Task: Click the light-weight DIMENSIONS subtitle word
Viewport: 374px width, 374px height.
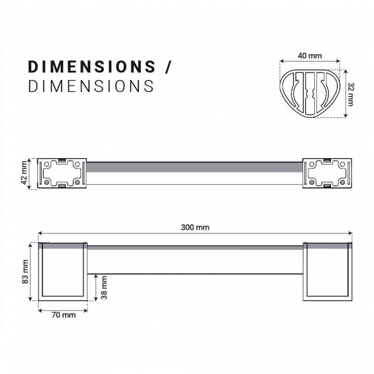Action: coord(91,86)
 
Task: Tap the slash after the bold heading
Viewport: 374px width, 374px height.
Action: coord(168,66)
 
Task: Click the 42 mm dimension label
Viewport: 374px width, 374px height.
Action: coord(25,173)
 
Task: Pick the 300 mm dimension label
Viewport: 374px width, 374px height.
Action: coord(195,227)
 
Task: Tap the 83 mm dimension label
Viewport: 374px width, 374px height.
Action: coord(25,272)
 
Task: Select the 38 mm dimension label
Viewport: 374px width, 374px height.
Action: coord(104,286)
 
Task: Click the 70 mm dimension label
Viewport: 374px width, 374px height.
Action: coord(63,316)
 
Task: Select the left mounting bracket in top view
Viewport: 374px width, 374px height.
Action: coord(62,173)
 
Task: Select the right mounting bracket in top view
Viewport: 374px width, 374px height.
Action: coord(327,173)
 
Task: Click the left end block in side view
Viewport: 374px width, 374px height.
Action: coord(62,272)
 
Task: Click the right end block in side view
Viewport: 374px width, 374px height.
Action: coord(327,272)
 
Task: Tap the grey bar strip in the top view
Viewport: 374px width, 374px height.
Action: coord(194,167)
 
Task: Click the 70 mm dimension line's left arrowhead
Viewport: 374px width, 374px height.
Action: coord(40,310)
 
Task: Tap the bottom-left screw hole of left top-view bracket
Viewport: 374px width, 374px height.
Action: coord(47,182)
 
